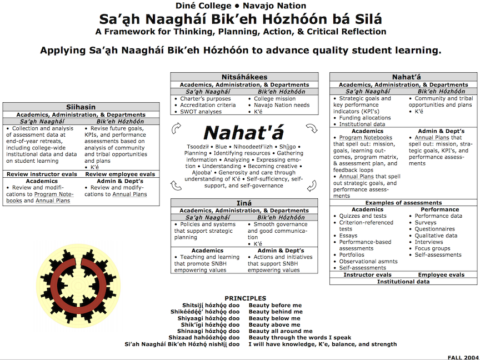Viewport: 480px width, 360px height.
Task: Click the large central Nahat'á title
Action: click(243, 133)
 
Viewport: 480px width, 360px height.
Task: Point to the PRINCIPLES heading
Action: click(245, 298)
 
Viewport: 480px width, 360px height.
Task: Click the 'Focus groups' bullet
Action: click(432, 248)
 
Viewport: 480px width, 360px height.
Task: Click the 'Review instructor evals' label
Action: click(41, 174)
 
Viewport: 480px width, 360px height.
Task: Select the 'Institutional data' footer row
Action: click(403, 282)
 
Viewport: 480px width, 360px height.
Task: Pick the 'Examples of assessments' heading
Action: click(403, 203)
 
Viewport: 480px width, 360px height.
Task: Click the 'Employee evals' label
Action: click(441, 275)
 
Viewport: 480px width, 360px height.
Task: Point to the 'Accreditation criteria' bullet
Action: click(208, 105)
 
